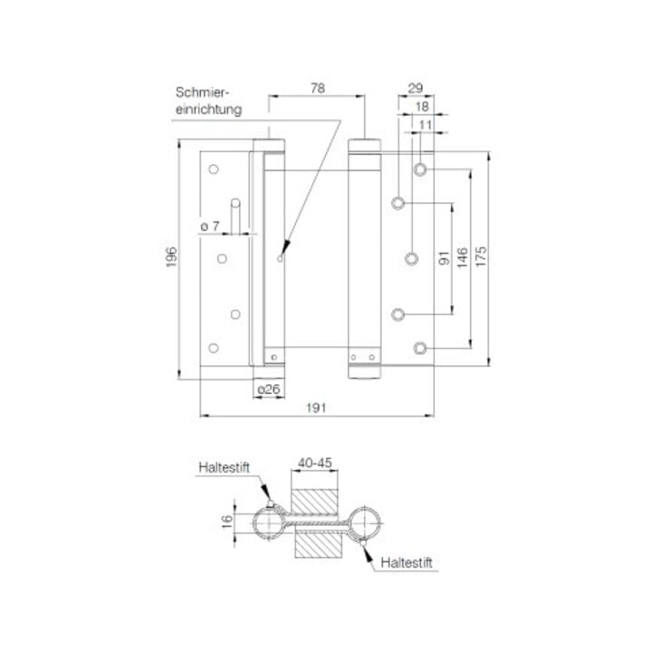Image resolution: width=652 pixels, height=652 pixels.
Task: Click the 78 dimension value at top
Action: click(318, 88)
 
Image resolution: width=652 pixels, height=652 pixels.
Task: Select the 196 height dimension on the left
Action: click(171, 257)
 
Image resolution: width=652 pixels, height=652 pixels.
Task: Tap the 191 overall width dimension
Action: click(316, 407)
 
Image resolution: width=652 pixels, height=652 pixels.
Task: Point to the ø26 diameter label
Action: click(269, 389)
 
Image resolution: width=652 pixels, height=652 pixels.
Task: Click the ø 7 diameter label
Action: click(209, 226)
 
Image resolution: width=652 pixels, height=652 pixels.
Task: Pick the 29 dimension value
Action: click(416, 88)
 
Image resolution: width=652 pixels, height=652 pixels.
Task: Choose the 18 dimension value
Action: click(422, 107)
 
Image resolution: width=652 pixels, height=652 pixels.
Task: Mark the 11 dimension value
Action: click(426, 125)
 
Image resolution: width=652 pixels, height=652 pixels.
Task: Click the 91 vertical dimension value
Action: click(444, 258)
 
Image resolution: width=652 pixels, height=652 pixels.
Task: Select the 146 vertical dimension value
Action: click(463, 257)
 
